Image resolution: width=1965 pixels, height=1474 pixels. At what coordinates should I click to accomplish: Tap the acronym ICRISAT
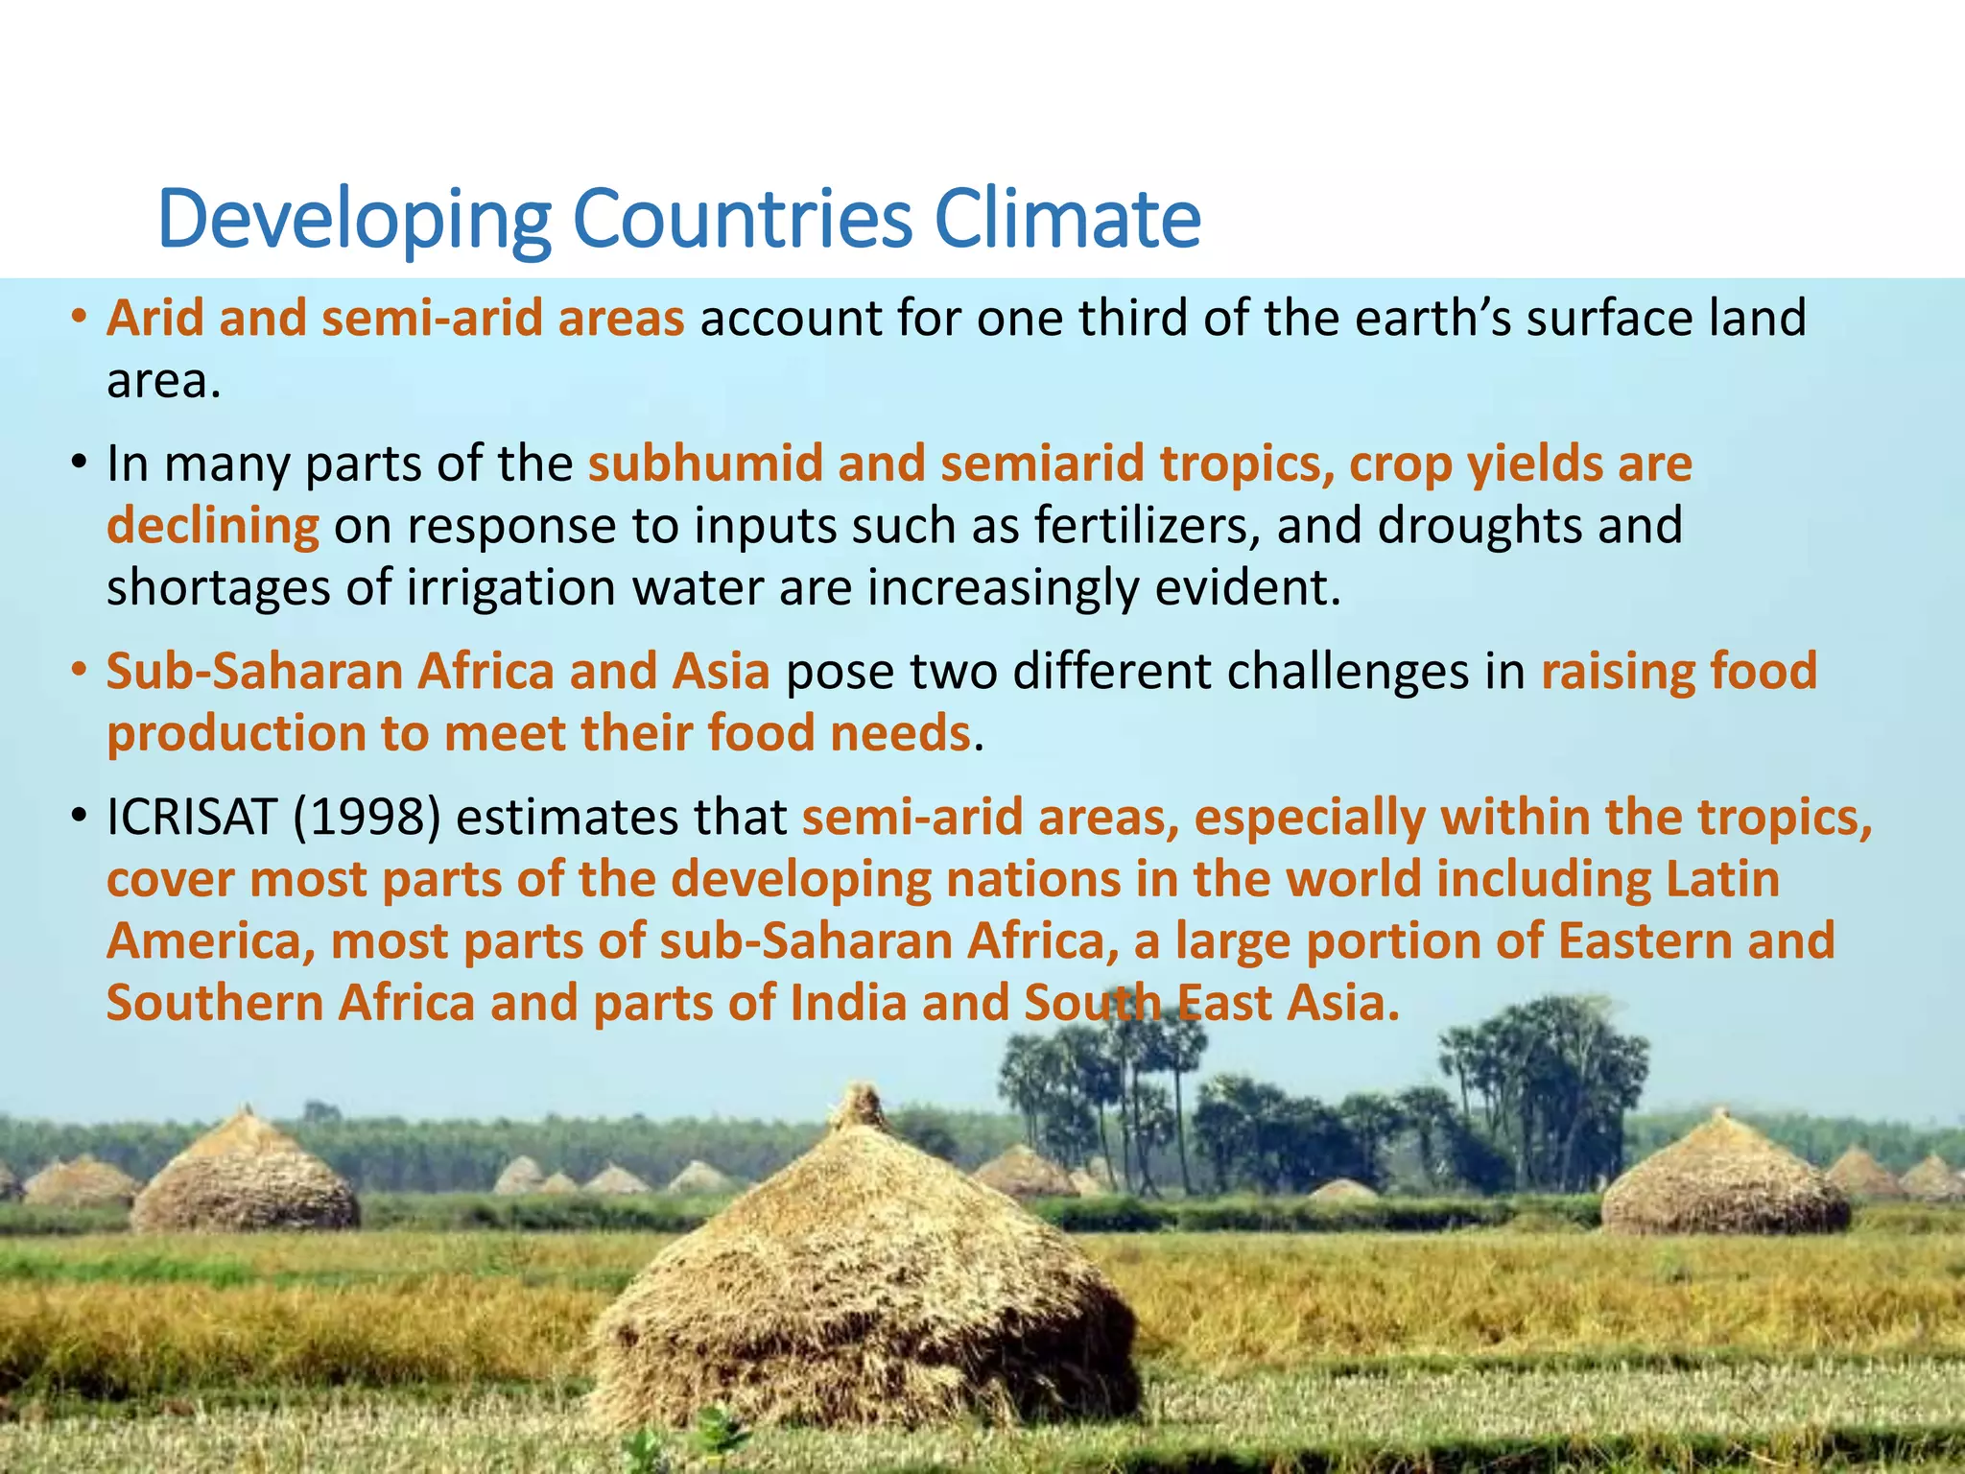click(191, 818)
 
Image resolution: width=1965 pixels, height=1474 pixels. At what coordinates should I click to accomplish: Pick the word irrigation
click(511, 587)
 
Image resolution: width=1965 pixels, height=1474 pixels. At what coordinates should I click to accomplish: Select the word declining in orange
click(212, 526)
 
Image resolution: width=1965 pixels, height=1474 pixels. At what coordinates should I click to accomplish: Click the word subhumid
click(705, 464)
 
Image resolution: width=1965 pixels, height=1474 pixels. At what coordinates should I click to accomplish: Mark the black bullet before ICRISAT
click(79, 818)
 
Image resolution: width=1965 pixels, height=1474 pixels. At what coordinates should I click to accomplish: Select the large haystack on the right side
click(1723, 1180)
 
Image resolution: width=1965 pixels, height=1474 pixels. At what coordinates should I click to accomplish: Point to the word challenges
click(1347, 671)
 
